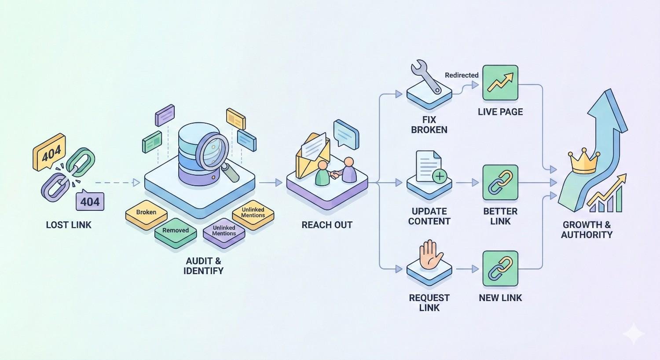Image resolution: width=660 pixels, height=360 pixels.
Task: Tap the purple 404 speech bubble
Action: click(x=90, y=202)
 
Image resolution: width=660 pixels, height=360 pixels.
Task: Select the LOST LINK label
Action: click(x=69, y=225)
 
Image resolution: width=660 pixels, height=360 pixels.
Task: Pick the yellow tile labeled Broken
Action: click(x=146, y=213)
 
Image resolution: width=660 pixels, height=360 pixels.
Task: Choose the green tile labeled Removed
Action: click(x=175, y=231)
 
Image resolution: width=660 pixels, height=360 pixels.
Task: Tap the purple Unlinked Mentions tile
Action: click(x=224, y=231)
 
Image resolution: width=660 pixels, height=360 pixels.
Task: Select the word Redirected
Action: click(x=462, y=75)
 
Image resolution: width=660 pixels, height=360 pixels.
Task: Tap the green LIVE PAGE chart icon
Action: click(x=500, y=83)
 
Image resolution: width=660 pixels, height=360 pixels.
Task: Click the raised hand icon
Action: click(x=429, y=254)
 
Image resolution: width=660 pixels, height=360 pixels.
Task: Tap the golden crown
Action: click(x=584, y=162)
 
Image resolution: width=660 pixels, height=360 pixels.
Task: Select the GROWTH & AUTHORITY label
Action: click(x=587, y=230)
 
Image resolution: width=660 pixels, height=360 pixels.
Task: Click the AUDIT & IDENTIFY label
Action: click(x=203, y=266)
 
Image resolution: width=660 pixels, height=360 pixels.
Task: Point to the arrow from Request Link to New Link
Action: click(x=467, y=268)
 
